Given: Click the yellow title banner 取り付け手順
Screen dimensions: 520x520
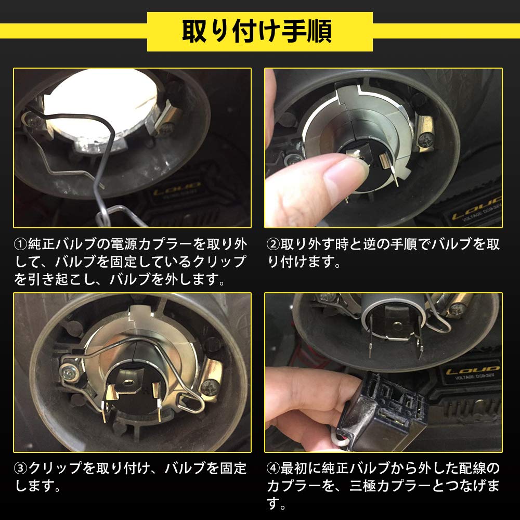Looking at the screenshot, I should (259, 32).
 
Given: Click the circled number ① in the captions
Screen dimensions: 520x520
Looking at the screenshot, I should (20, 244).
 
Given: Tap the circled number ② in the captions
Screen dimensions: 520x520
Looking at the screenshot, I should (274, 244).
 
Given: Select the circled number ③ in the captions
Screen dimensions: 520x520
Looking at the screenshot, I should (20, 469).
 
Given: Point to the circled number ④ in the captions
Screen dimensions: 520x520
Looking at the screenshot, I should (274, 469).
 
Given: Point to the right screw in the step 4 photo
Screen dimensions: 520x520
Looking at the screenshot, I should (458, 308).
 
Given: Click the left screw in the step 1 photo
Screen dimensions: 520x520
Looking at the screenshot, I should (33, 121).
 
